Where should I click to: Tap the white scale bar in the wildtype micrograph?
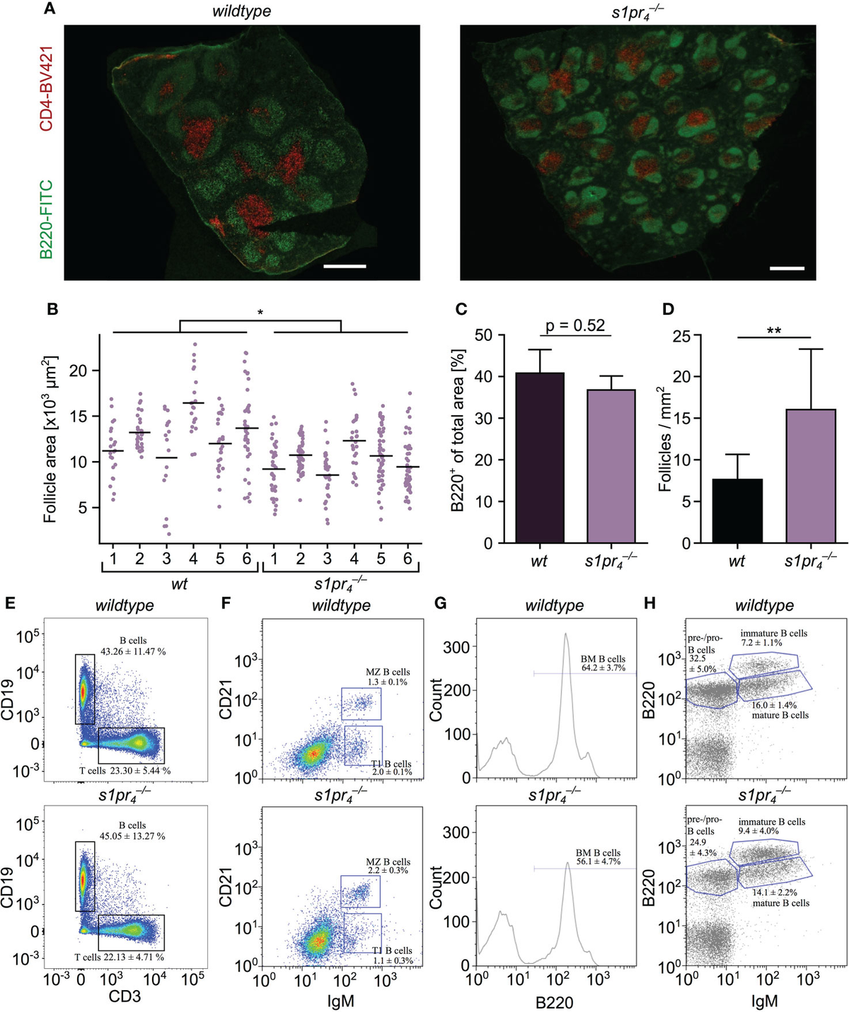coord(345,267)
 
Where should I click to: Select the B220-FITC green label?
coord(47,219)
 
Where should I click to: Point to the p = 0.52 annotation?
coord(575,325)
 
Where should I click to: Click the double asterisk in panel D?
coord(773,330)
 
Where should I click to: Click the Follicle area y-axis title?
coord(51,439)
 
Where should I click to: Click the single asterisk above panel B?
coord(260,312)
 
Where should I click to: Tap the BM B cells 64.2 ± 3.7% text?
coord(599,663)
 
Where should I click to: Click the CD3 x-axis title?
coord(126,996)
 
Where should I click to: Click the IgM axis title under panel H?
coord(764,1001)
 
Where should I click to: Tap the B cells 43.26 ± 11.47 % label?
coord(133,646)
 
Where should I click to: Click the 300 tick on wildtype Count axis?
coord(457,646)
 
